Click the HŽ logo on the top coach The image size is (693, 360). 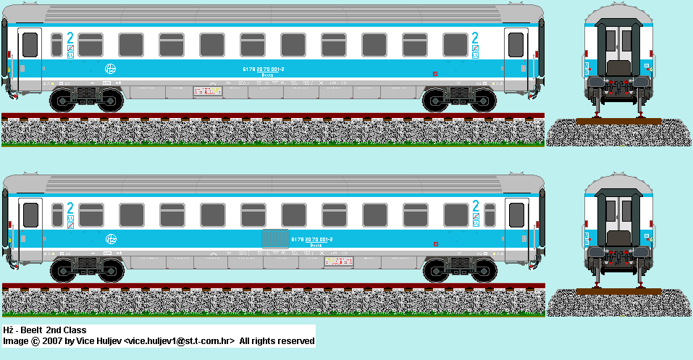110,69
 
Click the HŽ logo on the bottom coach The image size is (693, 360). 111,239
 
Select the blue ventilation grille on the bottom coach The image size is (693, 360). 274,238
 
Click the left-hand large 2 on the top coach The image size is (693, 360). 70,39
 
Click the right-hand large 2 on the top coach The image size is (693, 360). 475,39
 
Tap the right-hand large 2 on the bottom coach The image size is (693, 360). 475,206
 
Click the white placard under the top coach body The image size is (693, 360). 207,92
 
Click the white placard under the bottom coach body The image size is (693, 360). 340,261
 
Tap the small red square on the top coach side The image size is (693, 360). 434,73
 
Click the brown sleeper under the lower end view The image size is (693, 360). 619,291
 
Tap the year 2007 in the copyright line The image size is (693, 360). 52,340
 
